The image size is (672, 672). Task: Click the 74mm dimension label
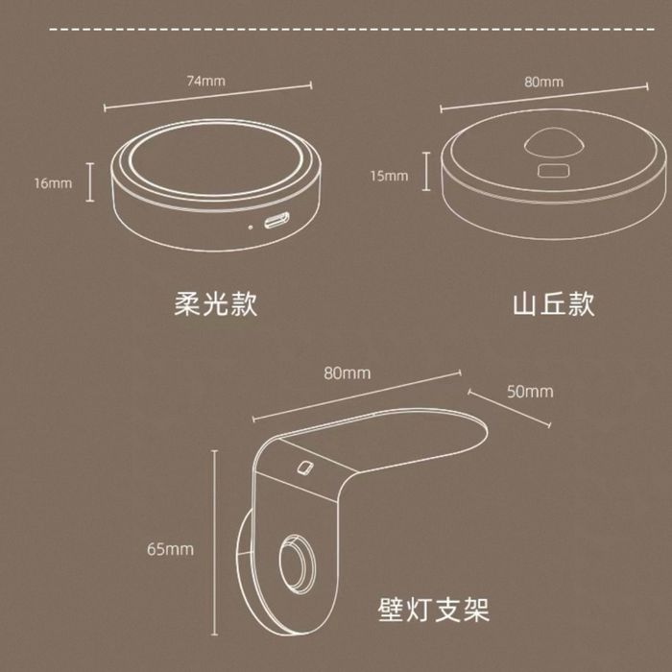click(x=206, y=81)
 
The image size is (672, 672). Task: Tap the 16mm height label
click(x=53, y=183)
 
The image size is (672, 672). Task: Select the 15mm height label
click(x=389, y=176)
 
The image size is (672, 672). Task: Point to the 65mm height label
click(x=170, y=549)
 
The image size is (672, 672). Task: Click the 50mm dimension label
click(x=530, y=392)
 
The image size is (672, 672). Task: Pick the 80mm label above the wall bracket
click(x=348, y=372)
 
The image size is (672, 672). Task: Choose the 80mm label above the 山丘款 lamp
click(x=544, y=82)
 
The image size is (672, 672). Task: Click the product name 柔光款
click(x=216, y=304)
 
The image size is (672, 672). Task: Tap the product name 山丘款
click(x=554, y=304)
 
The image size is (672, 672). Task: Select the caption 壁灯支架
click(x=434, y=610)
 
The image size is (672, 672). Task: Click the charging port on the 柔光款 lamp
click(x=276, y=220)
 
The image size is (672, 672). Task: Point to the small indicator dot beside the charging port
click(x=252, y=227)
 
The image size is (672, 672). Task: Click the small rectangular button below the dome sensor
click(x=554, y=171)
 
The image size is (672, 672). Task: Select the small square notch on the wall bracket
click(x=305, y=468)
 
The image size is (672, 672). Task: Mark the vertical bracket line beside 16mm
click(x=89, y=182)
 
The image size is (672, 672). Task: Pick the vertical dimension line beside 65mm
click(x=215, y=542)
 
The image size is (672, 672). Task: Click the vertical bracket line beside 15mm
click(x=426, y=172)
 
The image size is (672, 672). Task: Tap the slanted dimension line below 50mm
click(x=510, y=408)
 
